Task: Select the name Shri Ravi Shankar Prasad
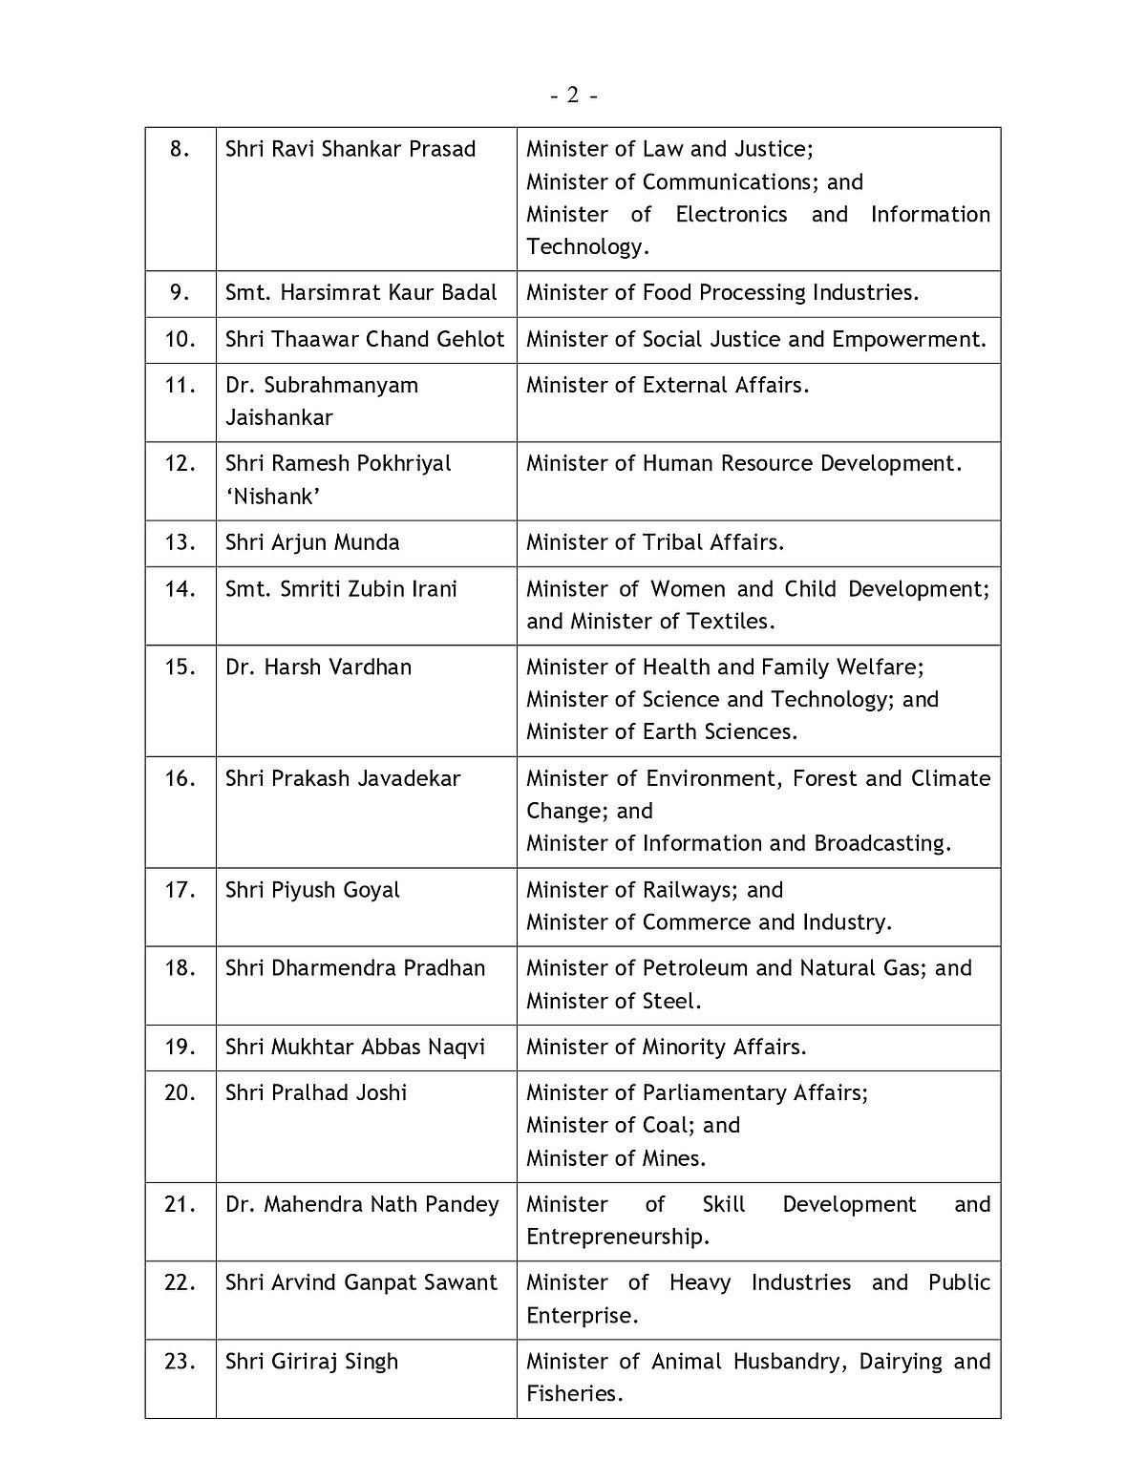pyautogui.click(x=350, y=149)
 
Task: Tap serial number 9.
pyautogui.click(x=180, y=292)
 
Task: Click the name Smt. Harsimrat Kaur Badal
pyautogui.click(x=361, y=292)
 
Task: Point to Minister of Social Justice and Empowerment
pyautogui.click(x=756, y=339)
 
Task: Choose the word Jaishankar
pyautogui.click(x=279, y=417)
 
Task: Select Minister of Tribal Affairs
pyautogui.click(x=655, y=542)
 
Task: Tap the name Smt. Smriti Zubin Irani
pyautogui.click(x=341, y=588)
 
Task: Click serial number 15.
pyautogui.click(x=180, y=667)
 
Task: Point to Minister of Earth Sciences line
pyautogui.click(x=662, y=731)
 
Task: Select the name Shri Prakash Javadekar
pyautogui.click(x=343, y=778)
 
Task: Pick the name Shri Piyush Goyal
pyautogui.click(x=312, y=890)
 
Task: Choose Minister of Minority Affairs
pyautogui.click(x=667, y=1047)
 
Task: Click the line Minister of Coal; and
pyautogui.click(x=633, y=1125)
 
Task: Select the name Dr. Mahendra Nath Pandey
pyautogui.click(x=362, y=1204)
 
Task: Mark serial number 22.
pyautogui.click(x=180, y=1282)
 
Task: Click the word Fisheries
pyautogui.click(x=574, y=1393)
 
